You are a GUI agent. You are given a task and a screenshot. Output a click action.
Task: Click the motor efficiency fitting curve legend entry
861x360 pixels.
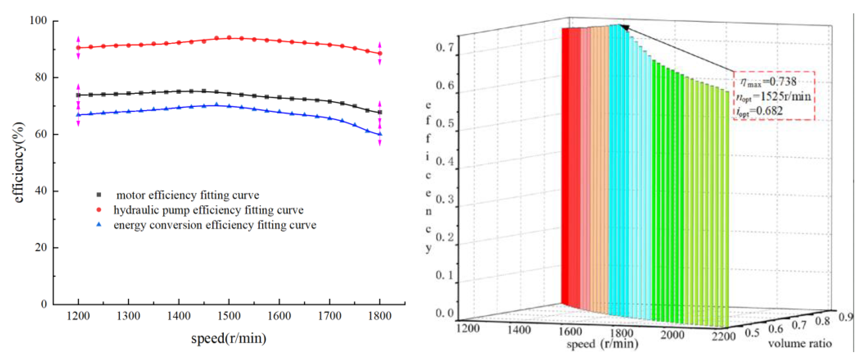pyautogui.click(x=187, y=195)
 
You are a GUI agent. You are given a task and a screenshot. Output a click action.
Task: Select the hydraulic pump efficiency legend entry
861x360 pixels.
pyautogui.click(x=208, y=210)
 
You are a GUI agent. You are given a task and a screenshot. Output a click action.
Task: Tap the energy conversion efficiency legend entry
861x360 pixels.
pyautogui.click(x=214, y=225)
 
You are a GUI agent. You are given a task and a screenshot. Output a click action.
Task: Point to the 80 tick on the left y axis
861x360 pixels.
pyautogui.click(x=41, y=77)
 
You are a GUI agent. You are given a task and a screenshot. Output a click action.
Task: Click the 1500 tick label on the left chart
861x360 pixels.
pyautogui.click(x=229, y=316)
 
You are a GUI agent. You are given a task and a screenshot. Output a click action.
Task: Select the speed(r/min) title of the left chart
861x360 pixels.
pyautogui.click(x=229, y=338)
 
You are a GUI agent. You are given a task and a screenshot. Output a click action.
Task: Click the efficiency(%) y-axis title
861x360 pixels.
pyautogui.click(x=19, y=162)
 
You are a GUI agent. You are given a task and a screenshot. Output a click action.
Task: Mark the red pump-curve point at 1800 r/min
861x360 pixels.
pyautogui.click(x=380, y=53)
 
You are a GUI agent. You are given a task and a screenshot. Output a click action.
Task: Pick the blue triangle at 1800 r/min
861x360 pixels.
pyautogui.click(x=380, y=134)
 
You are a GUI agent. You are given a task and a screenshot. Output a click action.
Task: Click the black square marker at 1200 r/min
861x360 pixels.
pyautogui.click(x=78, y=95)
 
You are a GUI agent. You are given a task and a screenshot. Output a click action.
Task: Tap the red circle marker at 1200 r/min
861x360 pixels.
pyautogui.click(x=78, y=47)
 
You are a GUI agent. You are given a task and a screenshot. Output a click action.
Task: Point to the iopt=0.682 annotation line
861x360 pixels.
pyautogui.click(x=759, y=111)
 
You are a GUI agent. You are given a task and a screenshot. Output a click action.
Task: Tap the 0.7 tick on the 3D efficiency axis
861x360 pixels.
pyautogui.click(x=445, y=47)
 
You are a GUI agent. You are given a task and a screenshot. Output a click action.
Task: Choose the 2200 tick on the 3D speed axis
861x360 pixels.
pyautogui.click(x=723, y=336)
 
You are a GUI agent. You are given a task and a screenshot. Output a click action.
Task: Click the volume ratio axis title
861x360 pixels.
pyautogui.click(x=799, y=343)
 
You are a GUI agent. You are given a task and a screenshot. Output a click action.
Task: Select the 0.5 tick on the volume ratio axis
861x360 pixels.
pyautogui.click(x=752, y=333)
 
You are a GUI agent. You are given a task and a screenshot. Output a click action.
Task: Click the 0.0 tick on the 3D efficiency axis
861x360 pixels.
pyautogui.click(x=445, y=313)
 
